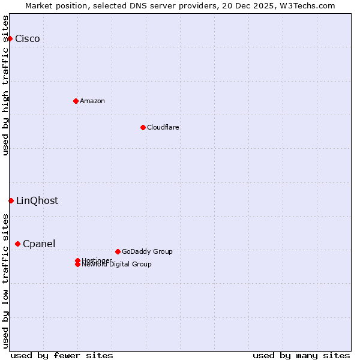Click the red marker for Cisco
10,38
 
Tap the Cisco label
28,39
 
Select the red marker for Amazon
76,101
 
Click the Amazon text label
92,101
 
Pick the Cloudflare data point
143,127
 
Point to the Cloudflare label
163,127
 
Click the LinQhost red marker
11,200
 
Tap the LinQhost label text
37,201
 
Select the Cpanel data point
17,244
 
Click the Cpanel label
39,244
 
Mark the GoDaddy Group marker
118,251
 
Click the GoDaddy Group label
147,251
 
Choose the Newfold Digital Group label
117,265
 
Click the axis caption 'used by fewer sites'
62,355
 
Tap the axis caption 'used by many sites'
301,355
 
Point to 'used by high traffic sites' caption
6,85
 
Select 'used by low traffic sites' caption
6,281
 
